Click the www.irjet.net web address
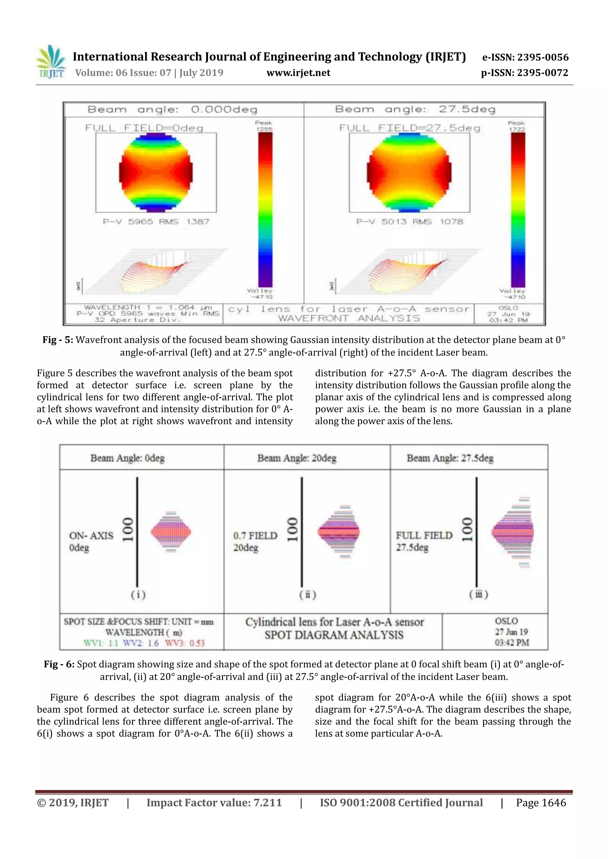298,73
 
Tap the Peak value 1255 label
264,126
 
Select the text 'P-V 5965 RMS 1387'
156,222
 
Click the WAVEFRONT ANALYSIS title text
349,318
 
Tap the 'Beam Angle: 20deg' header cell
297,458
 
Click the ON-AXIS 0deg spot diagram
171,532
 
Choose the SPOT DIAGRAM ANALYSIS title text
334,635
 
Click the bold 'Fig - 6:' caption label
59,664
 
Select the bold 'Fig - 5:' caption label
58,340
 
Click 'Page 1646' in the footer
541,803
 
